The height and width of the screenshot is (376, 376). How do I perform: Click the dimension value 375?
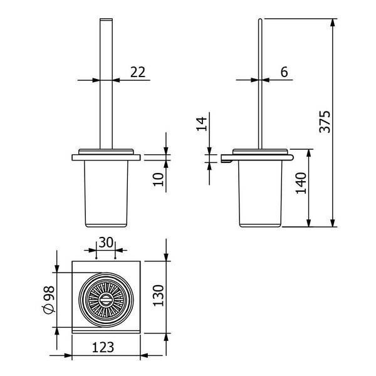coord(325,122)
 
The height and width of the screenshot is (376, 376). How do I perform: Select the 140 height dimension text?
coord(301,183)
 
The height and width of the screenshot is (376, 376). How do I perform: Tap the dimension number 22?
coord(138,71)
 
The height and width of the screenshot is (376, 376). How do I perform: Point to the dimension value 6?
coord(284,71)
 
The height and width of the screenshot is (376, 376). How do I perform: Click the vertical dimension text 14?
coord(202,123)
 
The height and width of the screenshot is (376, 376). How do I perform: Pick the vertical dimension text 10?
coord(159,179)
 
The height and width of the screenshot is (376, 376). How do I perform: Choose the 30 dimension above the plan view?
coord(106,242)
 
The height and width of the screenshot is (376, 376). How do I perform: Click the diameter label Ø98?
coord(50,300)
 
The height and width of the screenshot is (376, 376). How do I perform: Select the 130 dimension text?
coord(159,295)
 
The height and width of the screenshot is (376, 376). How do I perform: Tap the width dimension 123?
coord(103,347)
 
